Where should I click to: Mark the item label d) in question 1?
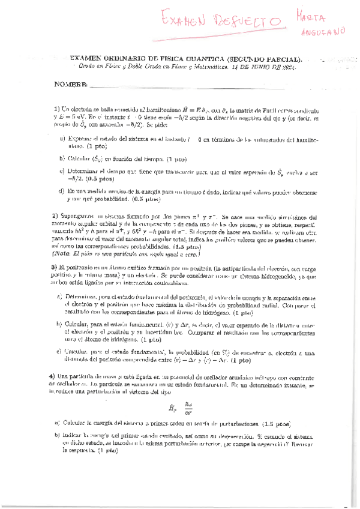pyautogui.click(x=62, y=191)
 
